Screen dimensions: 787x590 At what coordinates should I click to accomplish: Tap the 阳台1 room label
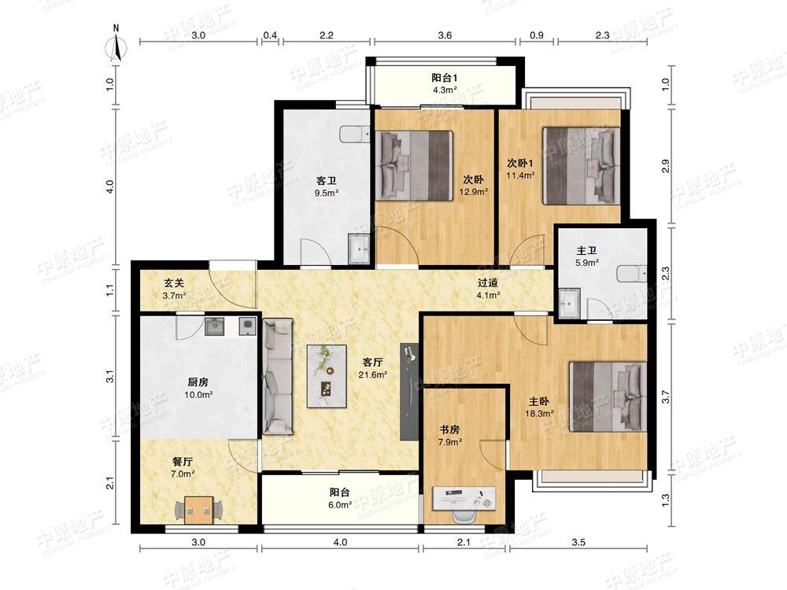pyautogui.click(x=444, y=78)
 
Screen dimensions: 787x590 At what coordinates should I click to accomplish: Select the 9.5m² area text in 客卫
pyautogui.click(x=327, y=192)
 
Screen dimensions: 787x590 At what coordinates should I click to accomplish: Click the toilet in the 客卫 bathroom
pyautogui.click(x=354, y=135)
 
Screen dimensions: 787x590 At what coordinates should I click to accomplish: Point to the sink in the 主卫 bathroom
pyautogui.click(x=570, y=303)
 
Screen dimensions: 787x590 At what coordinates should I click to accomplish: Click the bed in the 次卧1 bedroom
pyautogui.click(x=582, y=165)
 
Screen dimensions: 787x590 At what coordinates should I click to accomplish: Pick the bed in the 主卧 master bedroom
pyautogui.click(x=608, y=396)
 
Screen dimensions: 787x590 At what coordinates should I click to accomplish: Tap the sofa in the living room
pyautogui.click(x=278, y=376)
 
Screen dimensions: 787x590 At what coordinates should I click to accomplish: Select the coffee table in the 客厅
pyautogui.click(x=327, y=376)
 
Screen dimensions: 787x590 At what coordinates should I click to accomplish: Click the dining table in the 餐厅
pyautogui.click(x=199, y=510)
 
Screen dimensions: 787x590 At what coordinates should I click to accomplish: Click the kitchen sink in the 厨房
pyautogui.click(x=214, y=326)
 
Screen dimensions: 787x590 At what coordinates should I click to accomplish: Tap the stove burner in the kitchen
pyautogui.click(x=247, y=326)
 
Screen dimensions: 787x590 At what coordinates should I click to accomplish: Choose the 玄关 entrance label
pyautogui.click(x=174, y=283)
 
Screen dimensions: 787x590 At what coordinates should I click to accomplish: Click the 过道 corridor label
pyautogui.click(x=487, y=283)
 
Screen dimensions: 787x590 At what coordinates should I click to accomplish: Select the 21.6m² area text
pyautogui.click(x=372, y=374)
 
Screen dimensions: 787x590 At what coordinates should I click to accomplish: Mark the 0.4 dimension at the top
pyautogui.click(x=270, y=35)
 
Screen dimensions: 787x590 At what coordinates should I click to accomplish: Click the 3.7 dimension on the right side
pyautogui.click(x=666, y=396)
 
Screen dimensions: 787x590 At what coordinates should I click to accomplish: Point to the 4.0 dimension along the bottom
pyautogui.click(x=340, y=542)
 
